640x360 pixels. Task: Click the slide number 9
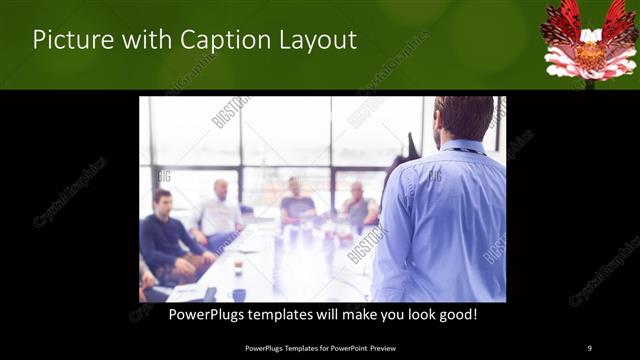pyautogui.click(x=589, y=348)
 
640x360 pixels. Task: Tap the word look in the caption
pyautogui.click(x=411, y=314)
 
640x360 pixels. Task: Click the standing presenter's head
pyautogui.click(x=464, y=118)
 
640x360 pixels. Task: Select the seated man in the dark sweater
pyautogui.click(x=165, y=240)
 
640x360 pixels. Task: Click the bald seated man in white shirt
pyautogui.click(x=220, y=212)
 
